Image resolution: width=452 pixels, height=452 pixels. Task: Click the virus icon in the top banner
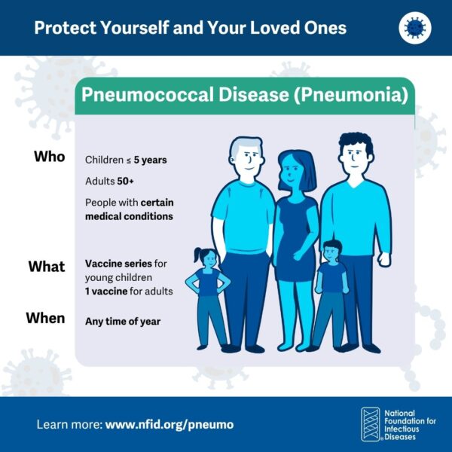[415, 28]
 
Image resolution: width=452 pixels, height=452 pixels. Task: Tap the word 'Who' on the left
[50, 157]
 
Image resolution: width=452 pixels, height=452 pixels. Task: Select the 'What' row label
[47, 266]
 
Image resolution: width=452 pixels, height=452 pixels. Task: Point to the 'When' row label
[45, 318]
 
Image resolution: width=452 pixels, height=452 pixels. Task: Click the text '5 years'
[150, 160]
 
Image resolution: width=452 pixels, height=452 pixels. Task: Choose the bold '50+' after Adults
[125, 182]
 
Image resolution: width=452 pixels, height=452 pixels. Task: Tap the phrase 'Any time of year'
[123, 322]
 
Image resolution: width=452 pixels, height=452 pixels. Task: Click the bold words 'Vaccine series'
[118, 264]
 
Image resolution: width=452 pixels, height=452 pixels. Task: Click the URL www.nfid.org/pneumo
[169, 425]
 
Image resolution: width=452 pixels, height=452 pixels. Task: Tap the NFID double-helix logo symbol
[371, 424]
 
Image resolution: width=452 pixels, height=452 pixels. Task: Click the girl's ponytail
[198, 255]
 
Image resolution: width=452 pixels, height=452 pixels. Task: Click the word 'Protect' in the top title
[65, 28]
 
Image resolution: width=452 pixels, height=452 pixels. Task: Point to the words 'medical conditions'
[129, 216]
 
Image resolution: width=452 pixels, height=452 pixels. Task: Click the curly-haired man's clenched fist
[384, 259]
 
